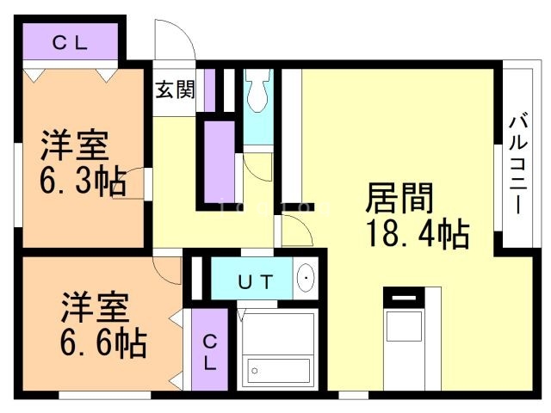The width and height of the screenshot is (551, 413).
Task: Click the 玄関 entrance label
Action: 175,89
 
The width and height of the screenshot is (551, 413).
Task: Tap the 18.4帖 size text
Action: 418,231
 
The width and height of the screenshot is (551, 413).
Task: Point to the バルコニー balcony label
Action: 517,163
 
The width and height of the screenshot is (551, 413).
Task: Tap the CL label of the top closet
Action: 70,42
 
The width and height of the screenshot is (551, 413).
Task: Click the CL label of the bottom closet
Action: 210,351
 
